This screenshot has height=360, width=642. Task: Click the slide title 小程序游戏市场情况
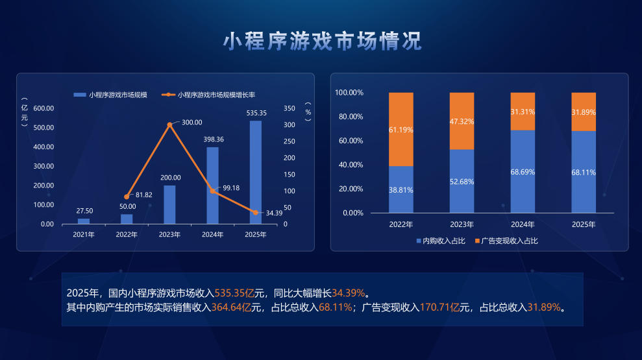322,41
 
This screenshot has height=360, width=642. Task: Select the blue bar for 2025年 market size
256,173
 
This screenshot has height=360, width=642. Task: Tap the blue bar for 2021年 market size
84,221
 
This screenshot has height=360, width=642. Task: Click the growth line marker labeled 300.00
170,124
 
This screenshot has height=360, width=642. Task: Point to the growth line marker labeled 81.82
127,197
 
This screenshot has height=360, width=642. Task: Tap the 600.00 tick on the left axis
43,108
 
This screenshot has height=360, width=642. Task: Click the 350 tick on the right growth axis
290,108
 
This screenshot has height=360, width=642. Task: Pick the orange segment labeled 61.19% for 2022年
401,129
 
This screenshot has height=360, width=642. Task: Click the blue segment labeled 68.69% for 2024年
523,171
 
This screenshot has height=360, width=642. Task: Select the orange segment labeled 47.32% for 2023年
462,121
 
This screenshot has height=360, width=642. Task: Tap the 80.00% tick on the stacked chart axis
349,117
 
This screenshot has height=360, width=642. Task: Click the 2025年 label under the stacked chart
584,224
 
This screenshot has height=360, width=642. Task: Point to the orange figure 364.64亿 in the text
231,307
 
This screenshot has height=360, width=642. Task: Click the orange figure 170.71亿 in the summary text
440,307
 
